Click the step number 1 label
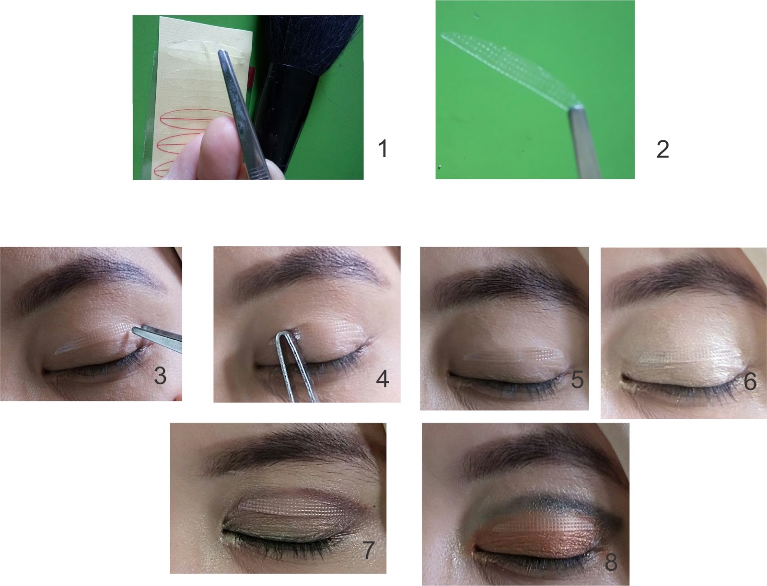click(x=383, y=149)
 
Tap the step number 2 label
click(x=662, y=149)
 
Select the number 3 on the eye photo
click(x=160, y=376)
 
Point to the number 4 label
click(x=382, y=379)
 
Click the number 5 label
click(x=577, y=379)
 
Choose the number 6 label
click(x=750, y=381)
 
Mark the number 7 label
click(x=368, y=550)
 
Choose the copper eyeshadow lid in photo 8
click(x=535, y=540)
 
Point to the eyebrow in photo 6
click(x=685, y=279)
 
